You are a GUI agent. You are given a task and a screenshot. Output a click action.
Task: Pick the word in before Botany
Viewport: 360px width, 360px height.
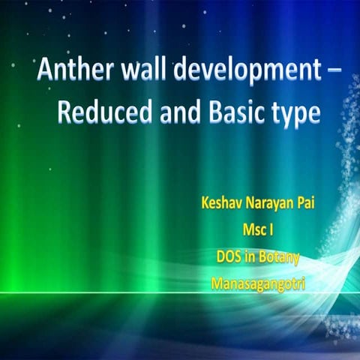250,257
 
